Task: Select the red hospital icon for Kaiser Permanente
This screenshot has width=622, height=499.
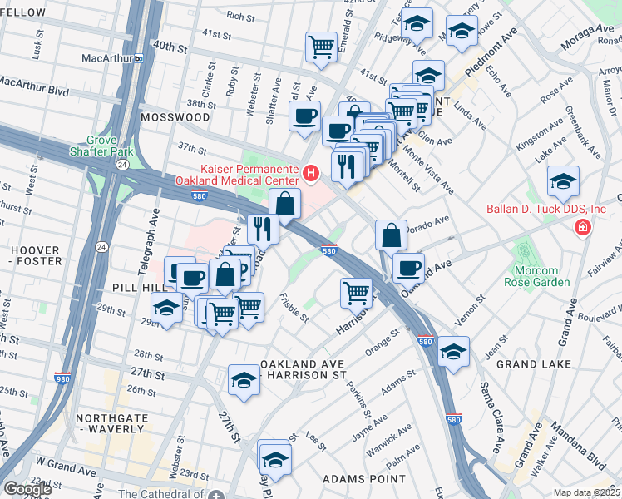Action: pos(311,173)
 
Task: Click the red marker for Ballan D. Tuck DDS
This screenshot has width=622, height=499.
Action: pos(583,227)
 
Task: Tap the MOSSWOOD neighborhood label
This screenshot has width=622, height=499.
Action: pos(175,117)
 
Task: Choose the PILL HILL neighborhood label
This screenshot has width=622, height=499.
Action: pos(136,285)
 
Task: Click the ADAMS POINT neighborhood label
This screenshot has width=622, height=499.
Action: pos(364,479)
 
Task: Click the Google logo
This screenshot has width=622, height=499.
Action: pos(27,489)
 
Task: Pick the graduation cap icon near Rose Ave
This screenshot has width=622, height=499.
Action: pos(563,180)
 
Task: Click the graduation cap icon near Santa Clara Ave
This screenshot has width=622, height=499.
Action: pos(453,351)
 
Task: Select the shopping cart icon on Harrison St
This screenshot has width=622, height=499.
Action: pos(356,291)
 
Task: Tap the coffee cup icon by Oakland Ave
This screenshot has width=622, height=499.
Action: pos(407,266)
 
